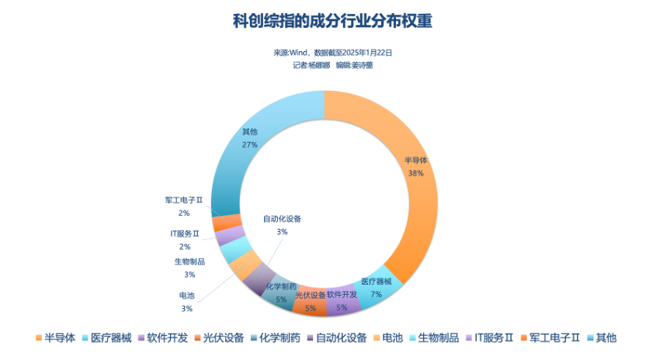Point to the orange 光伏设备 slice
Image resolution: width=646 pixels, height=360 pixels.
[310, 302]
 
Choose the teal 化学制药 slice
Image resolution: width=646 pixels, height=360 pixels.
[280, 292]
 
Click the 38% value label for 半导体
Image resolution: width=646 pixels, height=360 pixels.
[415, 174]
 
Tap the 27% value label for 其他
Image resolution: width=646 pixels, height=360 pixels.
[250, 144]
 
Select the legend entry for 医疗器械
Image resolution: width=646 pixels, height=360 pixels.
[106, 337]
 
